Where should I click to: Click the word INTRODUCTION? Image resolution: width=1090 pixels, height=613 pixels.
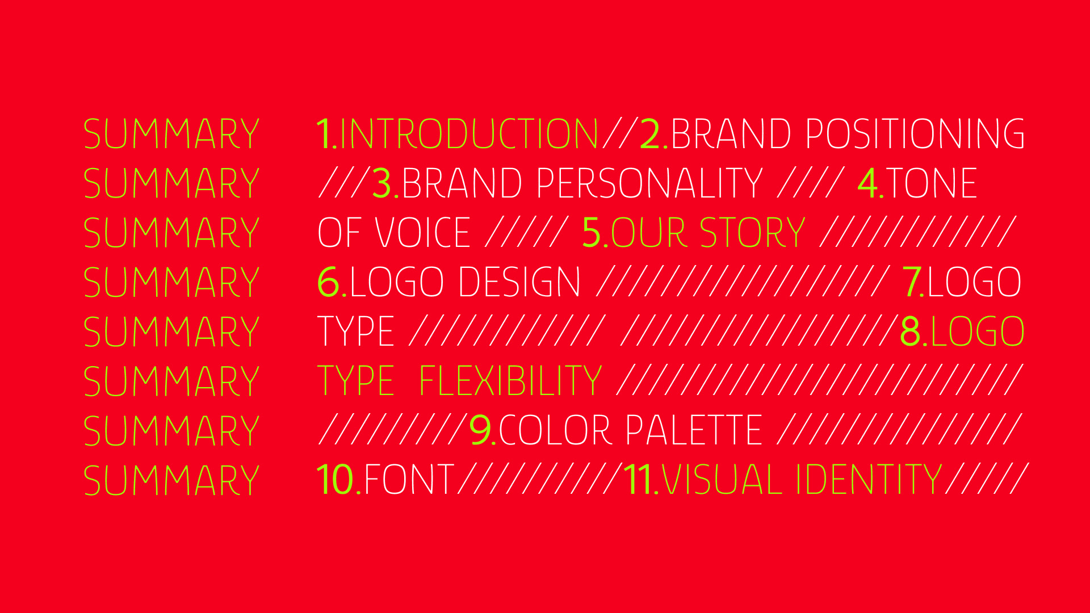click(469, 134)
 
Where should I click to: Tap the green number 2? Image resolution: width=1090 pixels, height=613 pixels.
click(651, 134)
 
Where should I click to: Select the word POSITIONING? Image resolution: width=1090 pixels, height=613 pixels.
click(915, 134)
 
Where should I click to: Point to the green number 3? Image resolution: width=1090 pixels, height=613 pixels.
click(382, 183)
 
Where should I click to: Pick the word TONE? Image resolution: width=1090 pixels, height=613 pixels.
click(931, 183)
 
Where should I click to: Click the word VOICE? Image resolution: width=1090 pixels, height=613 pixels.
click(423, 233)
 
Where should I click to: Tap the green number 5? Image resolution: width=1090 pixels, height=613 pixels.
click(592, 233)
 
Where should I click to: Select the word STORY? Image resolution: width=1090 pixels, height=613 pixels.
click(752, 233)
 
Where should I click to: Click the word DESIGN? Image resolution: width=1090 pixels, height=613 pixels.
click(519, 282)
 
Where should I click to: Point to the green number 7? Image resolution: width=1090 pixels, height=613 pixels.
click(911, 282)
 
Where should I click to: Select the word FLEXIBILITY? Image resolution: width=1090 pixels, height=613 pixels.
click(510, 381)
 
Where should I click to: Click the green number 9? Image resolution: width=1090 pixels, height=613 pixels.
click(480, 430)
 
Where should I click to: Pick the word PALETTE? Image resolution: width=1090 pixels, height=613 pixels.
click(694, 430)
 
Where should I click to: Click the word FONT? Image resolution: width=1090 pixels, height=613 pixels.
click(409, 480)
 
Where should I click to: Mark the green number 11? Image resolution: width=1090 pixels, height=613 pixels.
click(638, 480)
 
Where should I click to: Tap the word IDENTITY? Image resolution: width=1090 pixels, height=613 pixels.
click(869, 480)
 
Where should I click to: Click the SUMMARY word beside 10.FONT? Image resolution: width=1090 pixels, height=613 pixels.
click(171, 480)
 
